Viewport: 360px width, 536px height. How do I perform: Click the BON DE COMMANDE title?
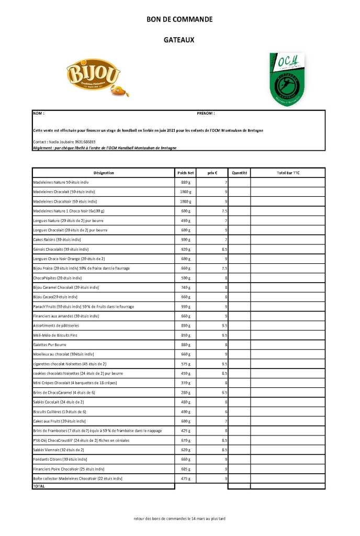coord(179,19)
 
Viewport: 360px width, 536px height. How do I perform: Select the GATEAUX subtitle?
coord(179,39)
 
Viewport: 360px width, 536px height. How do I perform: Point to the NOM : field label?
coord(39,113)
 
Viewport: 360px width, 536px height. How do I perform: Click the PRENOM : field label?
coord(206,113)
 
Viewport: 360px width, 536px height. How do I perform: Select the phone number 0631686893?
coord(84,142)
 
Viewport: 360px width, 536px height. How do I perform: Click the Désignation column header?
coord(104,173)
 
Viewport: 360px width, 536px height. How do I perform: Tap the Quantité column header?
coord(239,173)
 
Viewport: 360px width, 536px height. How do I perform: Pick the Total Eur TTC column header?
coord(288,173)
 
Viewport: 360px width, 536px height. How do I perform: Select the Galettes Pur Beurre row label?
coord(50,344)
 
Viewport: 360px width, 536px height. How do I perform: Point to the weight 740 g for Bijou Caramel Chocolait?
coord(186,287)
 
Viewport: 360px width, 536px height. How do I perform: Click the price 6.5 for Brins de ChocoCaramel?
coord(223,393)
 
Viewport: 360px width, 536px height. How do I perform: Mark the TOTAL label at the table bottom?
coord(39,486)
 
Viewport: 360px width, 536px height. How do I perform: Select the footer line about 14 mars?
coord(179,519)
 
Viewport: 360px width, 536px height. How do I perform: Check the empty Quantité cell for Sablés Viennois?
coord(239,450)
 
